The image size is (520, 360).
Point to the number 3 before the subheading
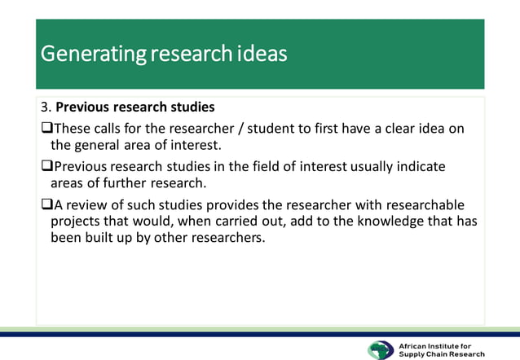coord(44,108)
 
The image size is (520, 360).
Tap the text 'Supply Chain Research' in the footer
coord(441,354)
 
